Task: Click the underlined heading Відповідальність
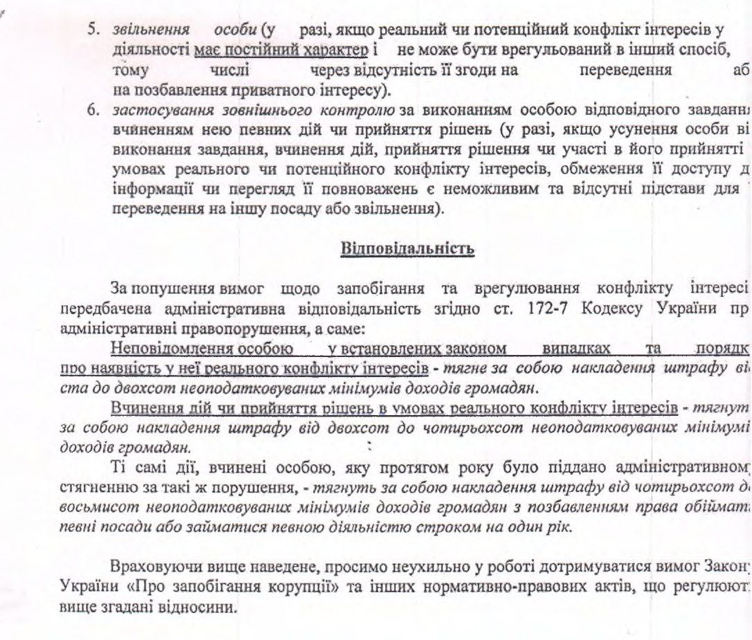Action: coord(408,249)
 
